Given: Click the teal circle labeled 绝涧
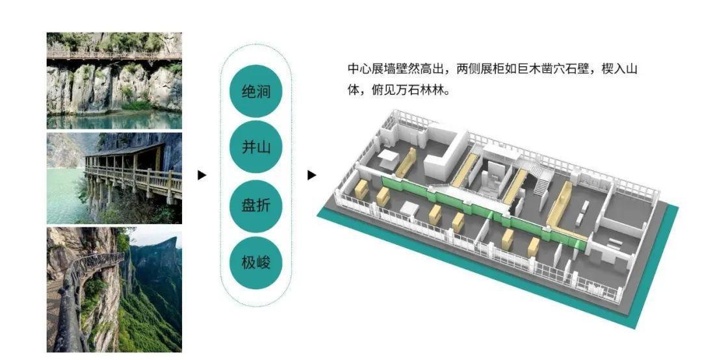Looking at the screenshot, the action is click(255, 92).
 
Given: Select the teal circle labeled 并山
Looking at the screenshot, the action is click(255, 147).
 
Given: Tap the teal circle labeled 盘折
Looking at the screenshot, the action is click(255, 205).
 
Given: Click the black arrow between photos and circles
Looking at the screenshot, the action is click(202, 175).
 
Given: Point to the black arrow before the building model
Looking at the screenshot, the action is click(311, 175).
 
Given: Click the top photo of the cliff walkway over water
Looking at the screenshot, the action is click(114, 81).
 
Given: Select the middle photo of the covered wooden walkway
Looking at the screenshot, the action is click(114, 178).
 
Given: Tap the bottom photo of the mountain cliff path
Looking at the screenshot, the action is click(114, 290).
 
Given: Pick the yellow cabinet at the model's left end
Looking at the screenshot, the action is click(361, 188).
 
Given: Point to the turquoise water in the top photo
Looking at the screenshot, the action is click(114, 120).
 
